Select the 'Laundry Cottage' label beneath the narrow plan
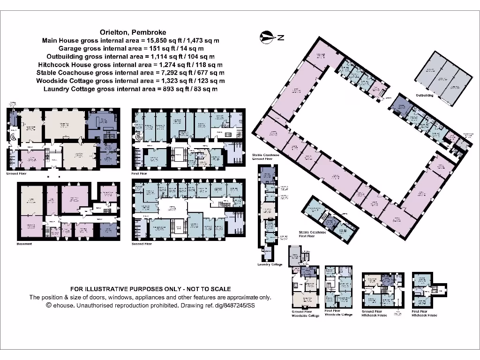(270, 264)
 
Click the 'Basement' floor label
(24, 244)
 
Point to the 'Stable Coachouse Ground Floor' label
(265, 157)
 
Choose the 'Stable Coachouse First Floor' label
(312, 234)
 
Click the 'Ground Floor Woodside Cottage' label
(305, 314)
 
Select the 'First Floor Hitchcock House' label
(425, 313)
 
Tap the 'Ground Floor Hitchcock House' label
(374, 313)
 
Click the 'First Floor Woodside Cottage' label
(338, 313)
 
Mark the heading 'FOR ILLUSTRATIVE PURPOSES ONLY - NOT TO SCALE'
(150, 289)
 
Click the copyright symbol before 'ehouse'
(48, 305)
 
